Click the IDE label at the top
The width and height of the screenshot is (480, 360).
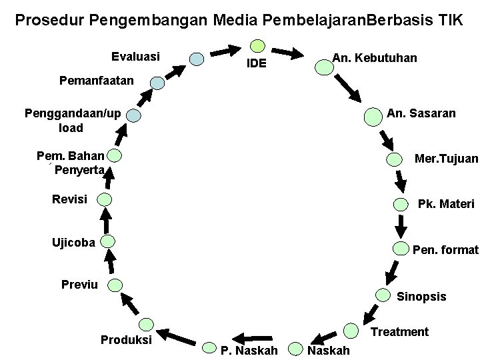[257, 64]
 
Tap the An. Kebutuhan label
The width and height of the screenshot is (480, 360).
[375, 58]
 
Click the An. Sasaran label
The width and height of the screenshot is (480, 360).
[421, 113]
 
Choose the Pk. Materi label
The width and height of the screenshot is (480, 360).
[446, 203]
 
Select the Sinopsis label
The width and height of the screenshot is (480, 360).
[421, 297]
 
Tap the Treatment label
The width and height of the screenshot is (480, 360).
[399, 331]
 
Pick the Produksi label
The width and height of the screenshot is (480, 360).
[126, 340]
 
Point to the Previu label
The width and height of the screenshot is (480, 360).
[79, 285]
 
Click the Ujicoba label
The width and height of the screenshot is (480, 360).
[73, 241]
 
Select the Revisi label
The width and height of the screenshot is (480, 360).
[69, 199]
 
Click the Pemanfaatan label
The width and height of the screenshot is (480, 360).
[97, 81]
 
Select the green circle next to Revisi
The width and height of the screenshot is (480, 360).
[105, 199]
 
